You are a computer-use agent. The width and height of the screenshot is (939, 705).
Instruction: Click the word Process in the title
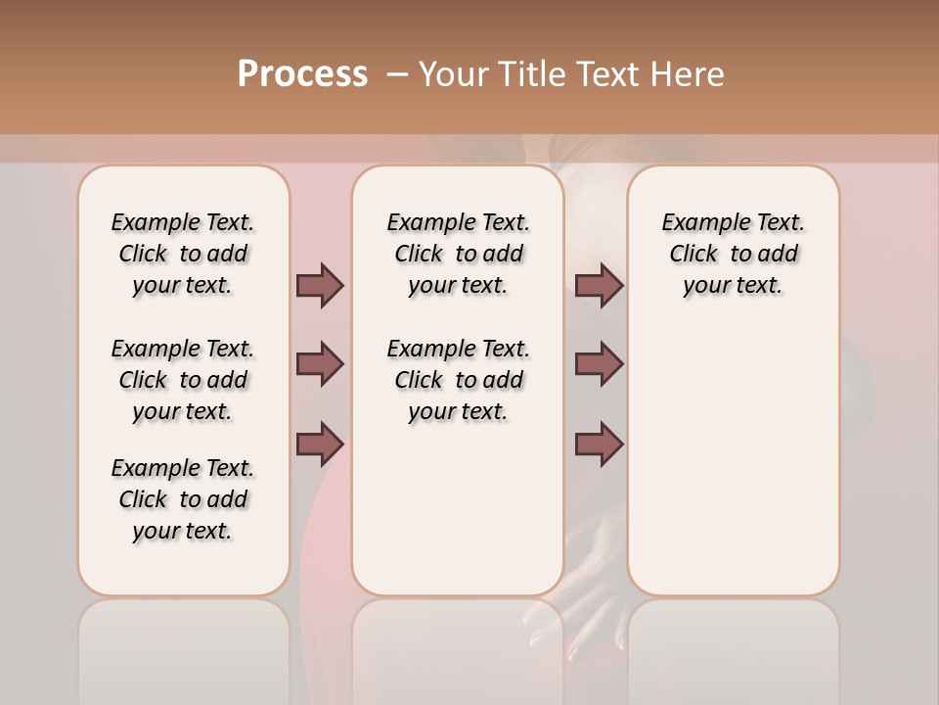coord(302,74)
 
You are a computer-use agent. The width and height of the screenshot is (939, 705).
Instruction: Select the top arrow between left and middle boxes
coord(320,285)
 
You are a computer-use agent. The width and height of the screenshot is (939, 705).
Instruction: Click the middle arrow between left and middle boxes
coord(320,364)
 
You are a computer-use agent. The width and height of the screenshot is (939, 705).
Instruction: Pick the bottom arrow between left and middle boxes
coord(320,444)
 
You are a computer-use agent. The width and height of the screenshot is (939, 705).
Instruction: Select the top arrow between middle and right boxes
coord(599,285)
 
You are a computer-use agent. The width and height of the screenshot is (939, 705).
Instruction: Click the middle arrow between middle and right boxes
coord(599,364)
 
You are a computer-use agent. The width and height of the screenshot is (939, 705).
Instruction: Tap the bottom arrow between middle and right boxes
coord(599,444)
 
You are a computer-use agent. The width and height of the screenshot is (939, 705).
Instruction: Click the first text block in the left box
coord(183,254)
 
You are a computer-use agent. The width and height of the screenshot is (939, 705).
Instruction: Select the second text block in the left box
coord(183,380)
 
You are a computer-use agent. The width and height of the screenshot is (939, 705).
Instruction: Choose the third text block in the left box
coord(183,499)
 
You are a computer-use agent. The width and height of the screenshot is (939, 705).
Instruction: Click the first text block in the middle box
coord(458,254)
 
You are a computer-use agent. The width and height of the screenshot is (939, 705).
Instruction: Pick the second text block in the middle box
coord(458,380)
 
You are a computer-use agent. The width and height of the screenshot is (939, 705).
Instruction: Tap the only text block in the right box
coord(734,254)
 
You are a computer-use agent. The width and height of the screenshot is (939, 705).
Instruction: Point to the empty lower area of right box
coord(734,460)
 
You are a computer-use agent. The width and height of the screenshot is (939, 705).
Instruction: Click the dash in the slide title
coord(396,74)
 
